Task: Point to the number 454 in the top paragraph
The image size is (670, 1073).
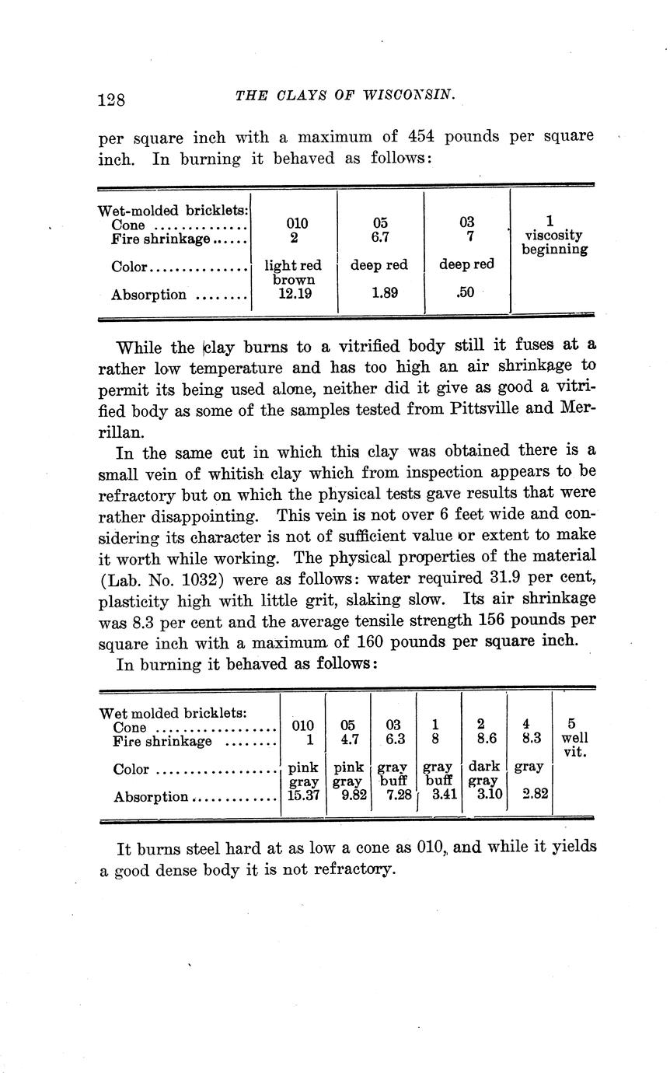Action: pos(422,137)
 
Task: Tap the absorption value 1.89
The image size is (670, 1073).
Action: pos(379,294)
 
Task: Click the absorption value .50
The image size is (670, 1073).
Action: pos(466,294)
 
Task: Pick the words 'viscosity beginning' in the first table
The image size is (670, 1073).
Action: pos(554,242)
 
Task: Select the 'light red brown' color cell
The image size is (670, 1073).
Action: pos(294,272)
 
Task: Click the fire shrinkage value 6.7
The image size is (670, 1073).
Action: pos(379,236)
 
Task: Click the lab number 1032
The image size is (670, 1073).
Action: pos(201,578)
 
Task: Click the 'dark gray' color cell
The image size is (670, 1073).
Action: pos(483,774)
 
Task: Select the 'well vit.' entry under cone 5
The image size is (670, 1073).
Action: pos(574,744)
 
